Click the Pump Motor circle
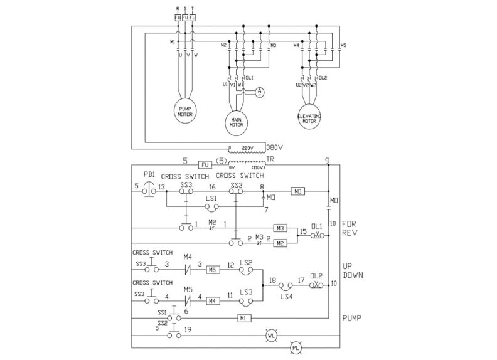point(184,110)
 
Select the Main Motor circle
point(237,120)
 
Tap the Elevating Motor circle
point(309,117)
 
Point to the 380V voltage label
point(274,148)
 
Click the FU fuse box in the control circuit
point(205,164)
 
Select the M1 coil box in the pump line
point(245,319)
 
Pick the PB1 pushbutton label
point(149,174)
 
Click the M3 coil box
point(281,228)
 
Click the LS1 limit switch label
point(211,198)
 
